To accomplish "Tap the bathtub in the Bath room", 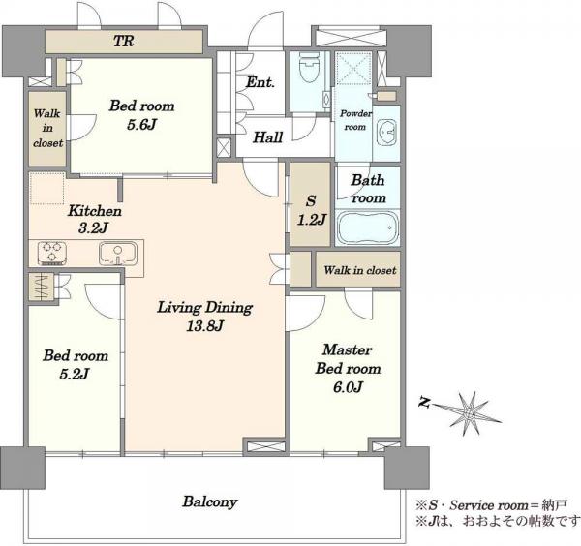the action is [x=369, y=227].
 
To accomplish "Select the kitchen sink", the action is [x=117, y=254].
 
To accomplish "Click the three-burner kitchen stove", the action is [x=52, y=254].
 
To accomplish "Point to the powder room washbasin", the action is [x=387, y=133].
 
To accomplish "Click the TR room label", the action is [x=123, y=41].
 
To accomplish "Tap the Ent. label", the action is [x=260, y=82].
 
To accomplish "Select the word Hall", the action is [x=268, y=137].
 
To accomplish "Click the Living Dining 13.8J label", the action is [x=205, y=317].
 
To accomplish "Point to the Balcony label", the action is [x=210, y=501].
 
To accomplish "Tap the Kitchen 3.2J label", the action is [x=95, y=220].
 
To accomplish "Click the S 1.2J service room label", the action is [x=311, y=210].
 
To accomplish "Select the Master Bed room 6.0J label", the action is [x=348, y=368].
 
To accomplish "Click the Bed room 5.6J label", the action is [x=141, y=115].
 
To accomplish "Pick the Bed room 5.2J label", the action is [x=76, y=365].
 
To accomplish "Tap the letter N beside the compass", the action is [x=425, y=403].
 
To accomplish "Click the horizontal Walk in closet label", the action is [x=360, y=270].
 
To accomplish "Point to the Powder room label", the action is [x=355, y=120].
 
